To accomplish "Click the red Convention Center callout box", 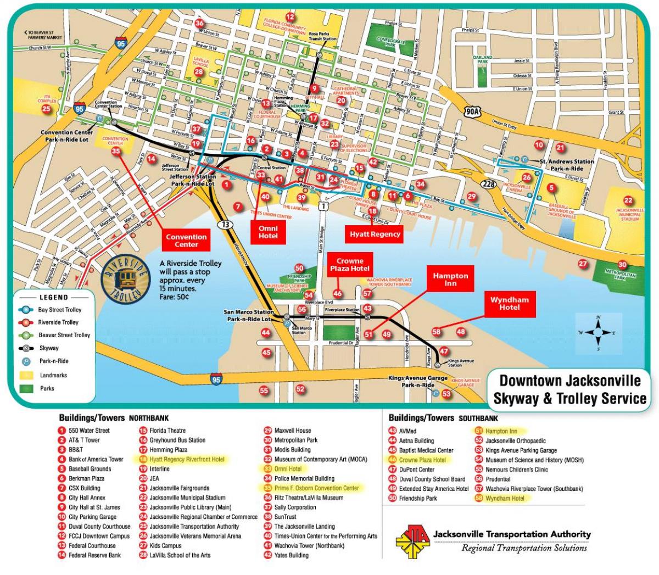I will coord(186,241).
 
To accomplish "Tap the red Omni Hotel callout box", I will coord(268,232).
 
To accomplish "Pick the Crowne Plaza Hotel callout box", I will coord(350,265).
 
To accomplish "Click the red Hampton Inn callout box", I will coord(450,279).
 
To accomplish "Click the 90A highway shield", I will coord(472,113).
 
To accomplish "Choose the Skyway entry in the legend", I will coord(48,348).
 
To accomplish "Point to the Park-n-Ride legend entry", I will coord(54,361).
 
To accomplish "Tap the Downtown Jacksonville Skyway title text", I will coord(569,389).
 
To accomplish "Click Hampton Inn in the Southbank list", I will coord(501,431).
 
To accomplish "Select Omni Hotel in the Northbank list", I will coord(288,469).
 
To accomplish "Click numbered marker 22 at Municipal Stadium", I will coord(628,201).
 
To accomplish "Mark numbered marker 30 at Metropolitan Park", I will coord(622,265).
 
